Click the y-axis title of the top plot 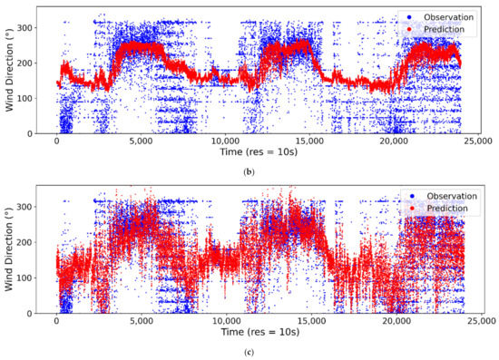(10, 69)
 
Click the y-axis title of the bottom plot (10, 248)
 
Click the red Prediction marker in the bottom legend (402, 208)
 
